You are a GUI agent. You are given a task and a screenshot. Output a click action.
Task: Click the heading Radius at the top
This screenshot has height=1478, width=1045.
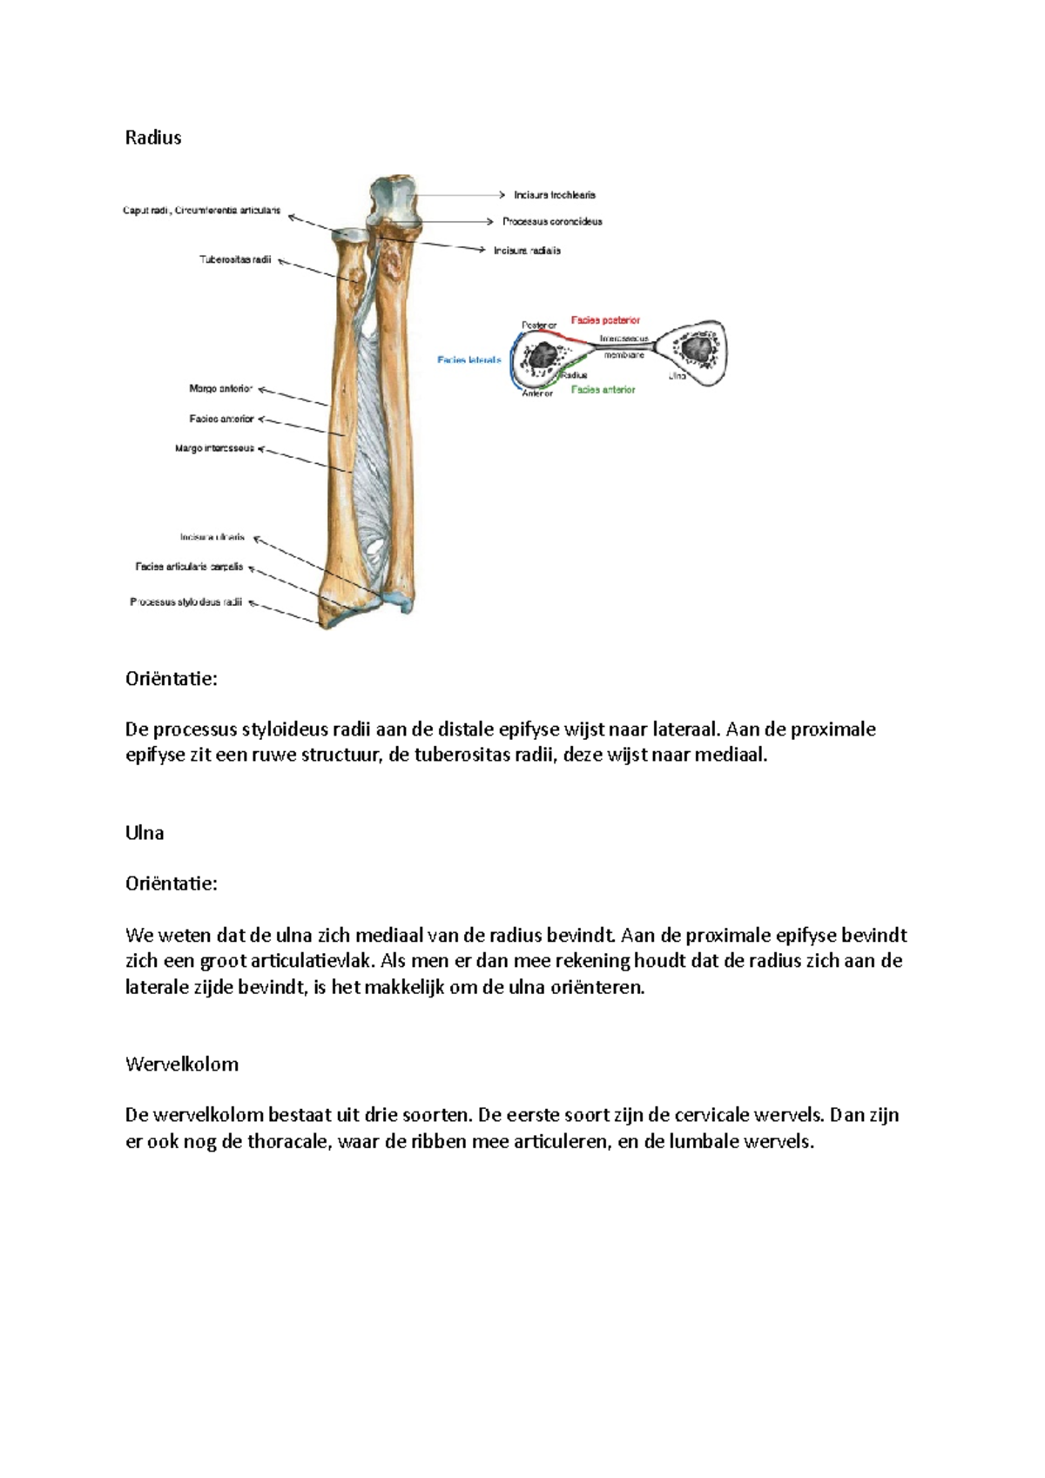pos(153,138)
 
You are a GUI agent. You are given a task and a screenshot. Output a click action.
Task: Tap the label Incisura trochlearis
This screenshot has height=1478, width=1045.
pos(555,195)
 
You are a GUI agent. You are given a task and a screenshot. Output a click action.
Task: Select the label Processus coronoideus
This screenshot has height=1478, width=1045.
pos(552,221)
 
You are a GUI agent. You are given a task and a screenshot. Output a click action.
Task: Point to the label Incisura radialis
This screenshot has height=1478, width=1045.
pos(527,251)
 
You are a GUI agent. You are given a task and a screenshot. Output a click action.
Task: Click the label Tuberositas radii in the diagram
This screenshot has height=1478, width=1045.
pos(235,259)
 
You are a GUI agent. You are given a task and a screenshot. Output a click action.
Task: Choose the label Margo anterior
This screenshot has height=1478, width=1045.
pos(220,389)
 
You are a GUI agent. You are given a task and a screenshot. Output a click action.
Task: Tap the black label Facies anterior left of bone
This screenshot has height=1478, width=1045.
pos(221,419)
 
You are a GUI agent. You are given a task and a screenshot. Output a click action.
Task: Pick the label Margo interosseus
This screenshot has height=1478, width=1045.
pos(214,448)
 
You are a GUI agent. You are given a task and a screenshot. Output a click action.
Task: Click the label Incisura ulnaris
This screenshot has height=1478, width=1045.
pos(212,537)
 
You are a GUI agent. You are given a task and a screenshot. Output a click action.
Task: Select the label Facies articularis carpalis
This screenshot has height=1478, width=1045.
pos(189,567)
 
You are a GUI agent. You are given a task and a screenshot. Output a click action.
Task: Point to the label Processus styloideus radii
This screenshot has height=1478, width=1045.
pos(185,601)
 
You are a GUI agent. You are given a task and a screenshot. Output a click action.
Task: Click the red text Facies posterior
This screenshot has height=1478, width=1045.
pos(605,320)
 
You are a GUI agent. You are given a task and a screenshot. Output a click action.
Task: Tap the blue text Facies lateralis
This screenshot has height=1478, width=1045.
pos(469,359)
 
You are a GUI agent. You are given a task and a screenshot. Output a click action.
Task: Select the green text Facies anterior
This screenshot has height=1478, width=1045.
pos(603,390)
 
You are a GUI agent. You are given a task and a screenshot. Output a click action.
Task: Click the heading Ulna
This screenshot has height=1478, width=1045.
pos(145,833)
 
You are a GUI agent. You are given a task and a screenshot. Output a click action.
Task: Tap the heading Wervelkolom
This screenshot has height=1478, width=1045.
pos(182,1065)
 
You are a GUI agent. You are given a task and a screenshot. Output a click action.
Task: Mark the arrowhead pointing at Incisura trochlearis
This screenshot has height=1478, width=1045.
pos(502,195)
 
